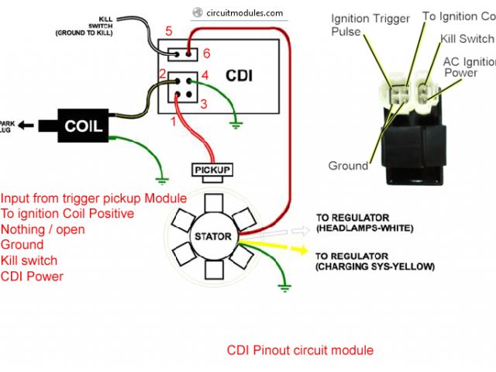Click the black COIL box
82,126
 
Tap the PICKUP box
212,169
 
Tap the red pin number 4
206,76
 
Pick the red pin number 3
204,103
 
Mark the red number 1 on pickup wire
174,121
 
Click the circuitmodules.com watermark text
235,13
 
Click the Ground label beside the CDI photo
348,166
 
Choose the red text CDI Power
32,276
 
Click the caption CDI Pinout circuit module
300,350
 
